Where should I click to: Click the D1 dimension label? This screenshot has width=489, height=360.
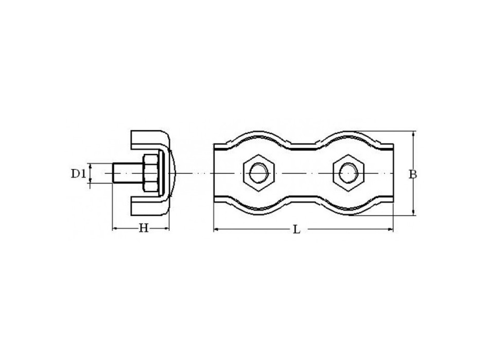pos(78,174)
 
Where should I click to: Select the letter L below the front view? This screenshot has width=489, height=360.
pos(296,230)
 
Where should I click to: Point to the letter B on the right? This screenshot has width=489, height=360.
pos(412,174)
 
